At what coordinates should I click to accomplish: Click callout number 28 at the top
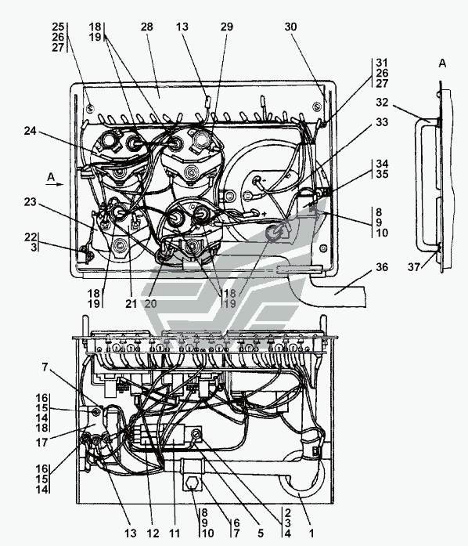(147, 27)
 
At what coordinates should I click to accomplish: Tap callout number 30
(290, 27)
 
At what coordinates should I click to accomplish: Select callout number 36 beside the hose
(382, 267)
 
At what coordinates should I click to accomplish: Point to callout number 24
(30, 131)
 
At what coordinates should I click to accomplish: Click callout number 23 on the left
(30, 201)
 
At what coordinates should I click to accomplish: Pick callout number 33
(382, 122)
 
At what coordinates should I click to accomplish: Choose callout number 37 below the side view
(414, 267)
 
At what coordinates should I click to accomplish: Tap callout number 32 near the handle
(382, 102)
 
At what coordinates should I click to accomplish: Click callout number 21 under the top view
(131, 304)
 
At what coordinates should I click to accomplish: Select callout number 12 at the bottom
(153, 533)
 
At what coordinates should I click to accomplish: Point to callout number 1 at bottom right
(311, 533)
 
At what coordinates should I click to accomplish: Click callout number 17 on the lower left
(41, 443)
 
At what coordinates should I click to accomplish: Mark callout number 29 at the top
(226, 27)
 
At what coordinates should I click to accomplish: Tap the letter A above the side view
(442, 63)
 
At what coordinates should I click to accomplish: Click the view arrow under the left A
(55, 185)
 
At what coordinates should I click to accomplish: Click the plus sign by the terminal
(265, 213)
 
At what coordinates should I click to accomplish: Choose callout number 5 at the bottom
(261, 533)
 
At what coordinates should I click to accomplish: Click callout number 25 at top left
(58, 27)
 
